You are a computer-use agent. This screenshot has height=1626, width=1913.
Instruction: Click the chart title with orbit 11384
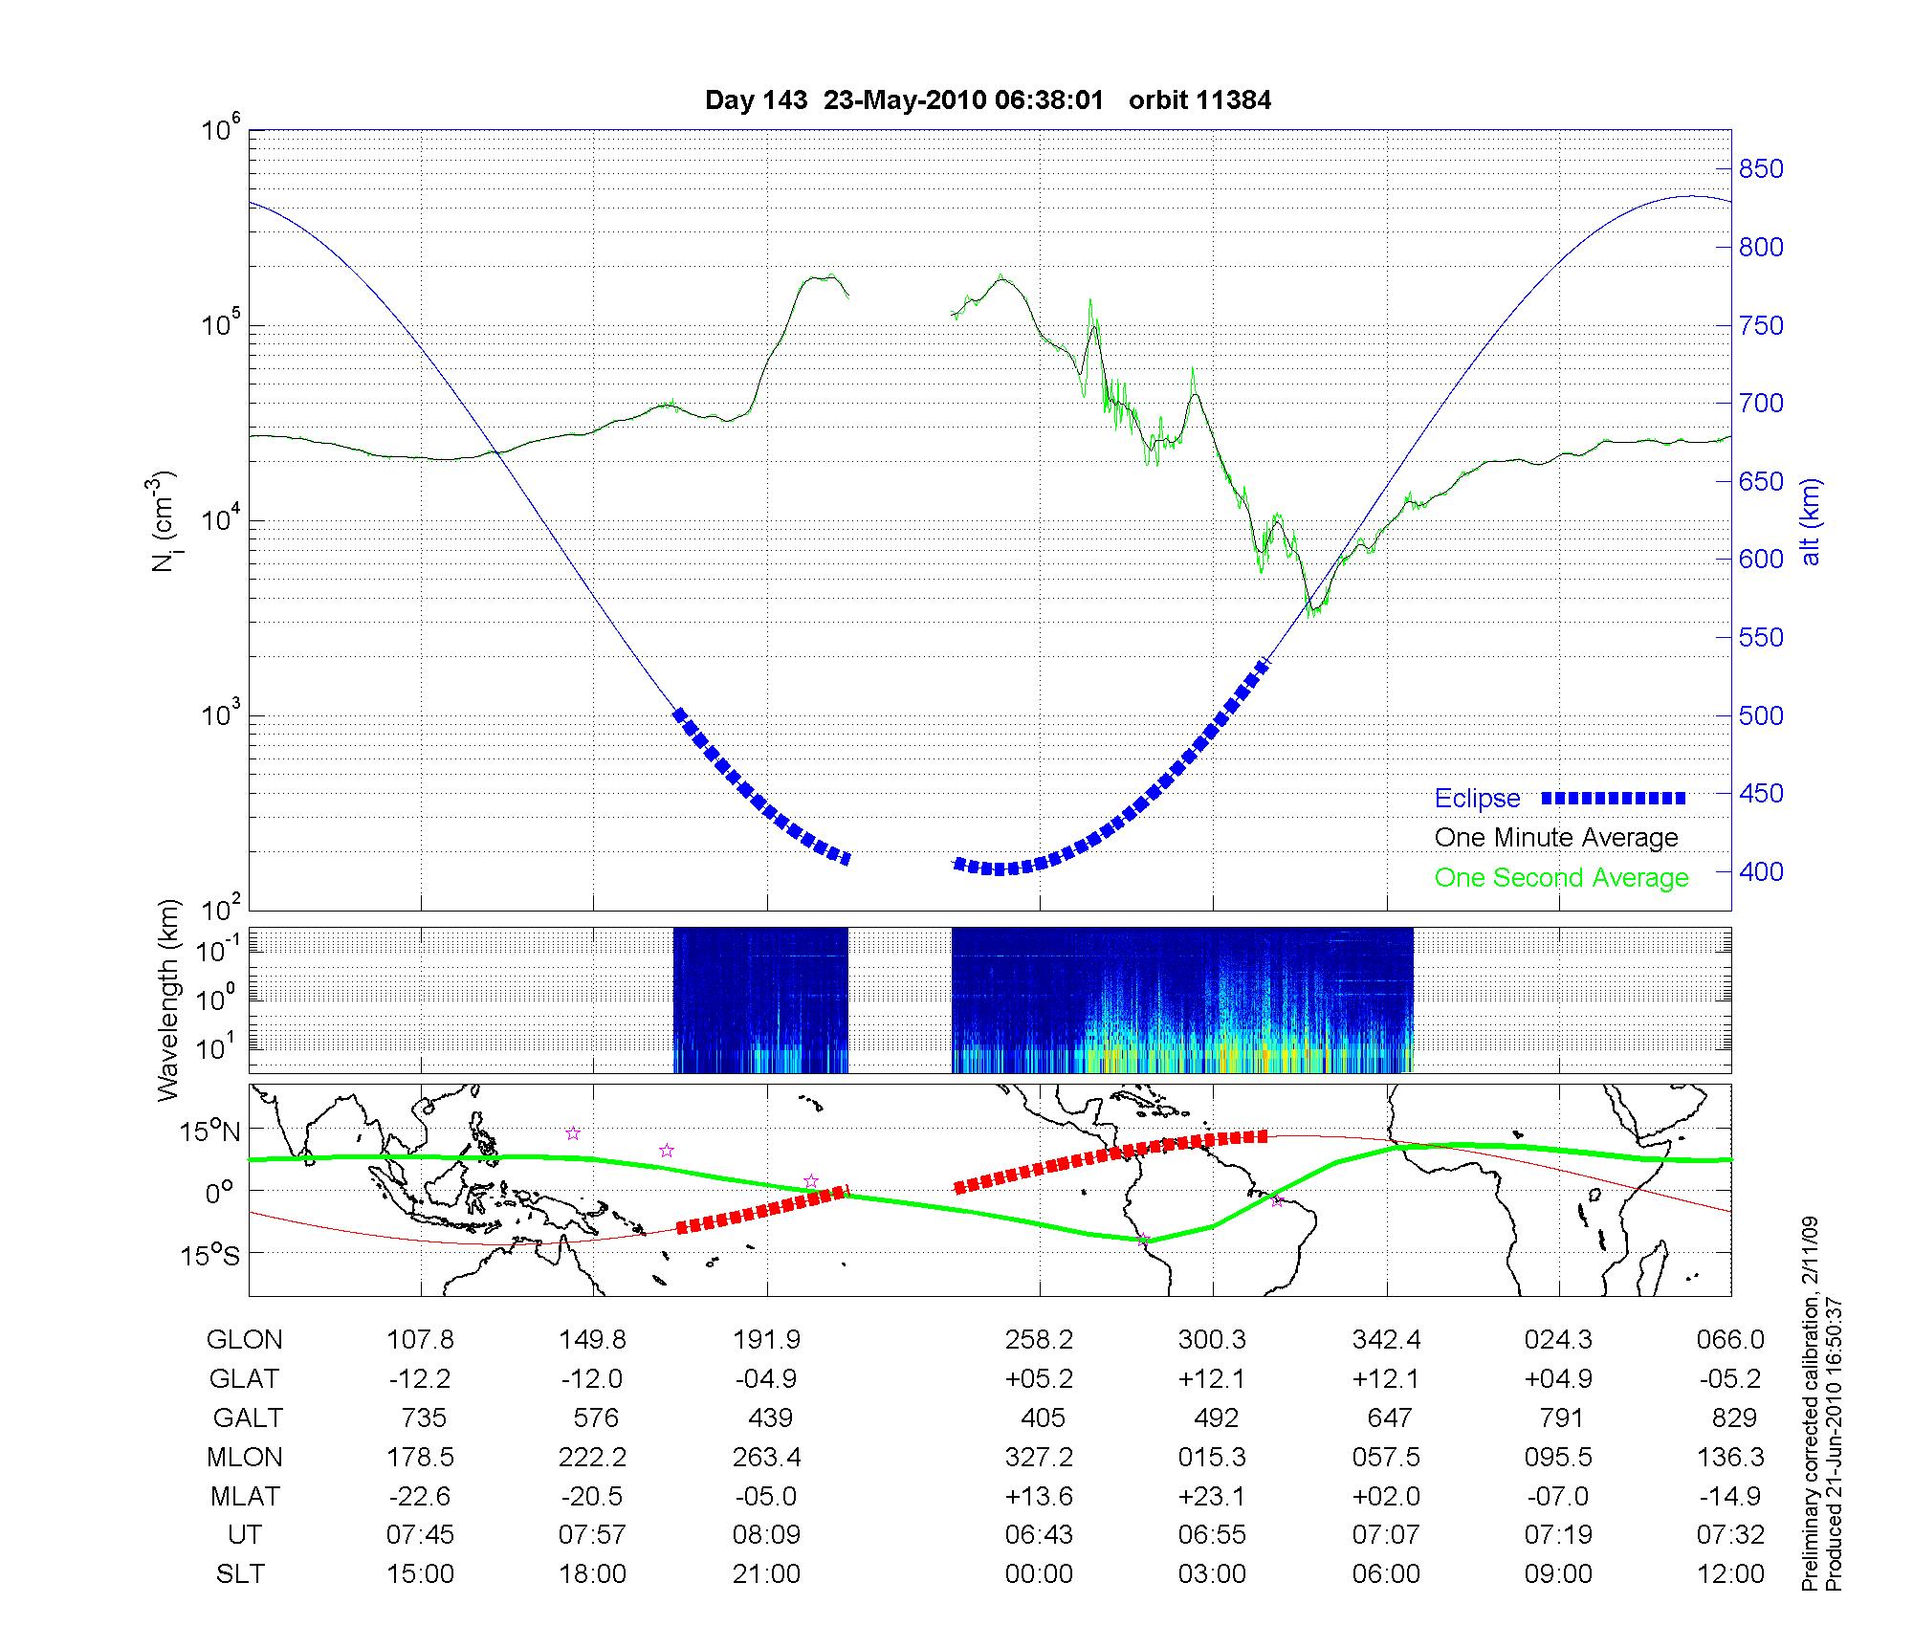point(987,100)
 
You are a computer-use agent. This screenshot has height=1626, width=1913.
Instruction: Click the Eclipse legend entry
point(1477,799)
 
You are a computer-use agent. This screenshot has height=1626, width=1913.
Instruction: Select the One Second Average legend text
point(1561,878)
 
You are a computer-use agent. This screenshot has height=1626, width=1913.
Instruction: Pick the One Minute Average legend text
point(1556,838)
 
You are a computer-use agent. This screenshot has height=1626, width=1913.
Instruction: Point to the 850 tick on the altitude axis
point(1761,169)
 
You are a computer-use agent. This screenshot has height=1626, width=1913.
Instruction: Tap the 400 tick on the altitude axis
point(1761,871)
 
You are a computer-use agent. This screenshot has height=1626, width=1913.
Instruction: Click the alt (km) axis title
point(1811,521)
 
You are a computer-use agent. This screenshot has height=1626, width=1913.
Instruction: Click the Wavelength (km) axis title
point(168,1000)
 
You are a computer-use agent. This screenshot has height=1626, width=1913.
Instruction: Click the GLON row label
point(244,1340)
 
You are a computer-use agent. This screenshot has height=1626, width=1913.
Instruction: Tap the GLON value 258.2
point(1039,1340)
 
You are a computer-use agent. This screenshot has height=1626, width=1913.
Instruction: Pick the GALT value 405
point(1042,1417)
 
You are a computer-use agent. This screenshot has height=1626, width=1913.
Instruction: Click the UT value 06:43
point(1039,1535)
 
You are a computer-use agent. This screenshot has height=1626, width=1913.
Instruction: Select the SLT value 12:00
point(1730,1574)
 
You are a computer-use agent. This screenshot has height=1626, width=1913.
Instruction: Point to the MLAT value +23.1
point(1212,1496)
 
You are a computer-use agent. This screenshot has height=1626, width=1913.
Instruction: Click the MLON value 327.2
point(1039,1458)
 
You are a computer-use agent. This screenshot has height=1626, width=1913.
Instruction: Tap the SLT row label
point(240,1574)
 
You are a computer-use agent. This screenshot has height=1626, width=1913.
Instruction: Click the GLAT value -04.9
point(766,1379)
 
